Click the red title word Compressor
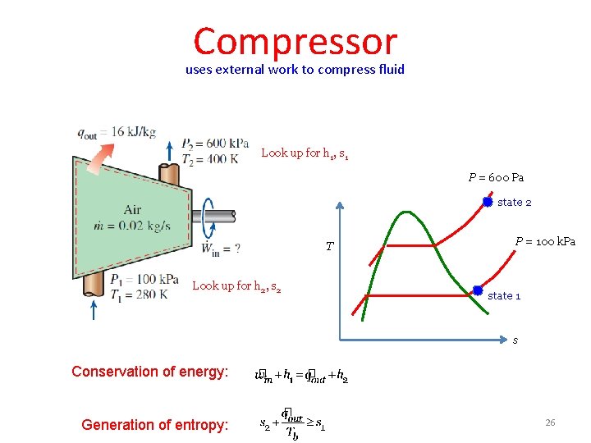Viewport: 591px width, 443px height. click(x=295, y=41)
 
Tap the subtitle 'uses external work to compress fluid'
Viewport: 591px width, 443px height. click(x=295, y=70)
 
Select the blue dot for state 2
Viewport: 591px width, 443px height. click(x=487, y=201)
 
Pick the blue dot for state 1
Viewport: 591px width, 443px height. click(x=477, y=290)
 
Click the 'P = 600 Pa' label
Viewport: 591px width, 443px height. click(x=496, y=177)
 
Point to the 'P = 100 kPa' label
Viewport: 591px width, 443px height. click(x=545, y=241)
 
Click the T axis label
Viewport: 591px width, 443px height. click(x=329, y=246)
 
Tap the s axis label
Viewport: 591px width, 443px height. click(x=515, y=340)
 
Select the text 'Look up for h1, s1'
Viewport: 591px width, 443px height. click(x=305, y=153)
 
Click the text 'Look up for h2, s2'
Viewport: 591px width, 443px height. click(x=236, y=286)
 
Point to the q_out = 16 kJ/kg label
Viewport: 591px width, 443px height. click(x=116, y=133)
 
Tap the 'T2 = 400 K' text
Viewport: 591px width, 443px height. click(x=209, y=158)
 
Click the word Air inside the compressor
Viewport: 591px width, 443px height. click(x=132, y=210)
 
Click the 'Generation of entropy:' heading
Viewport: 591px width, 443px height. click(x=154, y=424)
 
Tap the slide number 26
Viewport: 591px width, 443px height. click(x=550, y=422)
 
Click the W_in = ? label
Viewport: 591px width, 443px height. click(x=220, y=248)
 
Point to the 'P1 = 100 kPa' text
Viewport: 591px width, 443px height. click(x=144, y=280)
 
